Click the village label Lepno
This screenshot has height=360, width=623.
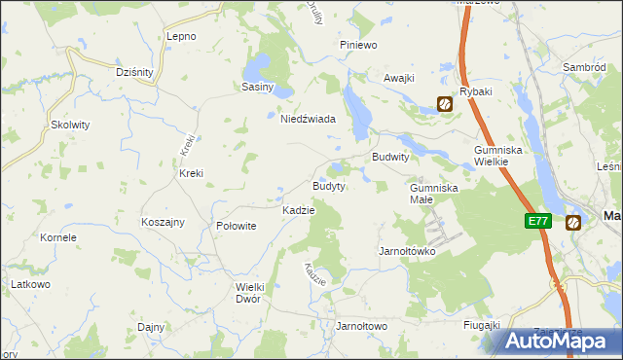[x=182, y=36]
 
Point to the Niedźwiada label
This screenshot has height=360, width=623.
[x=308, y=119]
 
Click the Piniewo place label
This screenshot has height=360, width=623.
[x=357, y=46]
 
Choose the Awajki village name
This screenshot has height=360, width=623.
[x=399, y=78]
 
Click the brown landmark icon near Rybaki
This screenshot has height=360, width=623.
[x=444, y=104]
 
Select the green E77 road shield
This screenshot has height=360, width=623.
[x=538, y=221]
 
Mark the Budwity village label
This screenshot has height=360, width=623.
[x=390, y=157]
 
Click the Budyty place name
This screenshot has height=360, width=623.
[x=328, y=186]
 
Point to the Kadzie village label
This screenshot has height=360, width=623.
[x=298, y=210]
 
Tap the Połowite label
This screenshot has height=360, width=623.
[x=236, y=225]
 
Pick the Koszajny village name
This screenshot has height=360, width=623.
[x=163, y=222]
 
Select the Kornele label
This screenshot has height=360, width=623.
[x=57, y=237]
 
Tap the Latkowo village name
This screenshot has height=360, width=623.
[x=30, y=283]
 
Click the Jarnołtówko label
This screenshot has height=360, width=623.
[x=406, y=251]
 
